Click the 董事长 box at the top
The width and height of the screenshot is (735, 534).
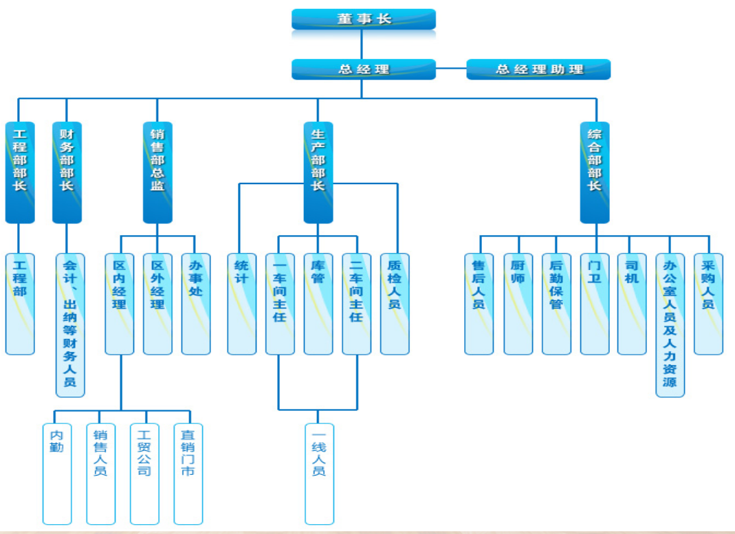tap(363, 19)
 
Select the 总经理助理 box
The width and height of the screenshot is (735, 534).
tap(538, 69)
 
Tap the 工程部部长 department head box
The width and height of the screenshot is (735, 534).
tap(20, 173)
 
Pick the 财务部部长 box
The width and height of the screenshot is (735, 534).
tap(67, 173)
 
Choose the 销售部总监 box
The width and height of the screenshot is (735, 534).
tap(157, 173)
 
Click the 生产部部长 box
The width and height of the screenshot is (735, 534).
tap(318, 173)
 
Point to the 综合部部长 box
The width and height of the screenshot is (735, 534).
tap(594, 173)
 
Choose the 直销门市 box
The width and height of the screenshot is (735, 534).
tap(188, 474)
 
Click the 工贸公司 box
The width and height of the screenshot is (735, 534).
tap(144, 474)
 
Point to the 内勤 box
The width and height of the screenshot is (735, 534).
tap(57, 474)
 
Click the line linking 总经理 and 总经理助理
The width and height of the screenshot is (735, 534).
tap(451, 69)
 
